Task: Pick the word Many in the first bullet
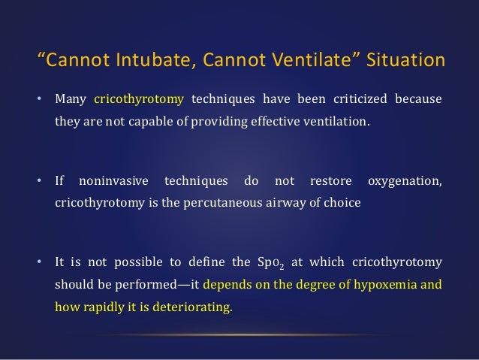70,100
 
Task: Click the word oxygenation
405,181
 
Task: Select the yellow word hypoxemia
387,286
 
